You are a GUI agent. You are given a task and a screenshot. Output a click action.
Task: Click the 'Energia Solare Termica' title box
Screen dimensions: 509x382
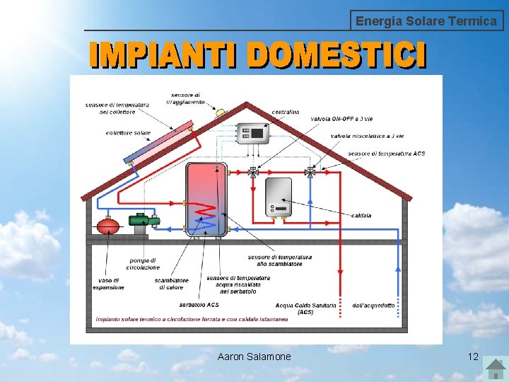[x=427, y=21]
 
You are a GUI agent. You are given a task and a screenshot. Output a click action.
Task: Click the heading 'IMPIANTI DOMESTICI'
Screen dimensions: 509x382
[x=258, y=55]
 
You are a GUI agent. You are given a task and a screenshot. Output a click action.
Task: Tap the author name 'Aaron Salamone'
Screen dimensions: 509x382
[x=254, y=357]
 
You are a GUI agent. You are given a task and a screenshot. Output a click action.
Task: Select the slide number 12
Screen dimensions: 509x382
[x=473, y=357]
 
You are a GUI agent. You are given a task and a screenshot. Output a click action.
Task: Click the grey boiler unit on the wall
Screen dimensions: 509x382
[x=278, y=197]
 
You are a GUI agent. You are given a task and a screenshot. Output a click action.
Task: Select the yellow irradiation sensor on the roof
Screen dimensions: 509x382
[x=220, y=112]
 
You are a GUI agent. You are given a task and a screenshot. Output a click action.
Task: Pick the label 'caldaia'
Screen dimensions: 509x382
[x=361, y=215]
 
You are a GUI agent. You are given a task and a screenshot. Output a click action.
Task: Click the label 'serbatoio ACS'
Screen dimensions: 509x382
[x=199, y=305]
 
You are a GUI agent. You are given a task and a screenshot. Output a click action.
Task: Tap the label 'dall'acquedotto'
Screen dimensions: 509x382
[x=373, y=306]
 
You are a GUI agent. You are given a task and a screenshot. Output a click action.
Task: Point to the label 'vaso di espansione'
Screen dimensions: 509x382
[x=107, y=284]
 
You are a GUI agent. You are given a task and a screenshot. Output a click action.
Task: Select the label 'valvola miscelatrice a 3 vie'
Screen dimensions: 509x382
[x=367, y=136]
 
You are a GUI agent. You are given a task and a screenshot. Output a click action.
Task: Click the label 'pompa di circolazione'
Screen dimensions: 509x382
[x=143, y=264]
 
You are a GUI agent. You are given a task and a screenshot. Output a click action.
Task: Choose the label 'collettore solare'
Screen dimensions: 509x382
[x=128, y=133]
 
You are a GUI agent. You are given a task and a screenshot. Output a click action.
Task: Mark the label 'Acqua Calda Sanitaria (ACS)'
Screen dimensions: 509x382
[x=305, y=308]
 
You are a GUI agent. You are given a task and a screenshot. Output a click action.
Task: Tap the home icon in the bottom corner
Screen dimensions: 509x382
[x=493, y=367]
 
